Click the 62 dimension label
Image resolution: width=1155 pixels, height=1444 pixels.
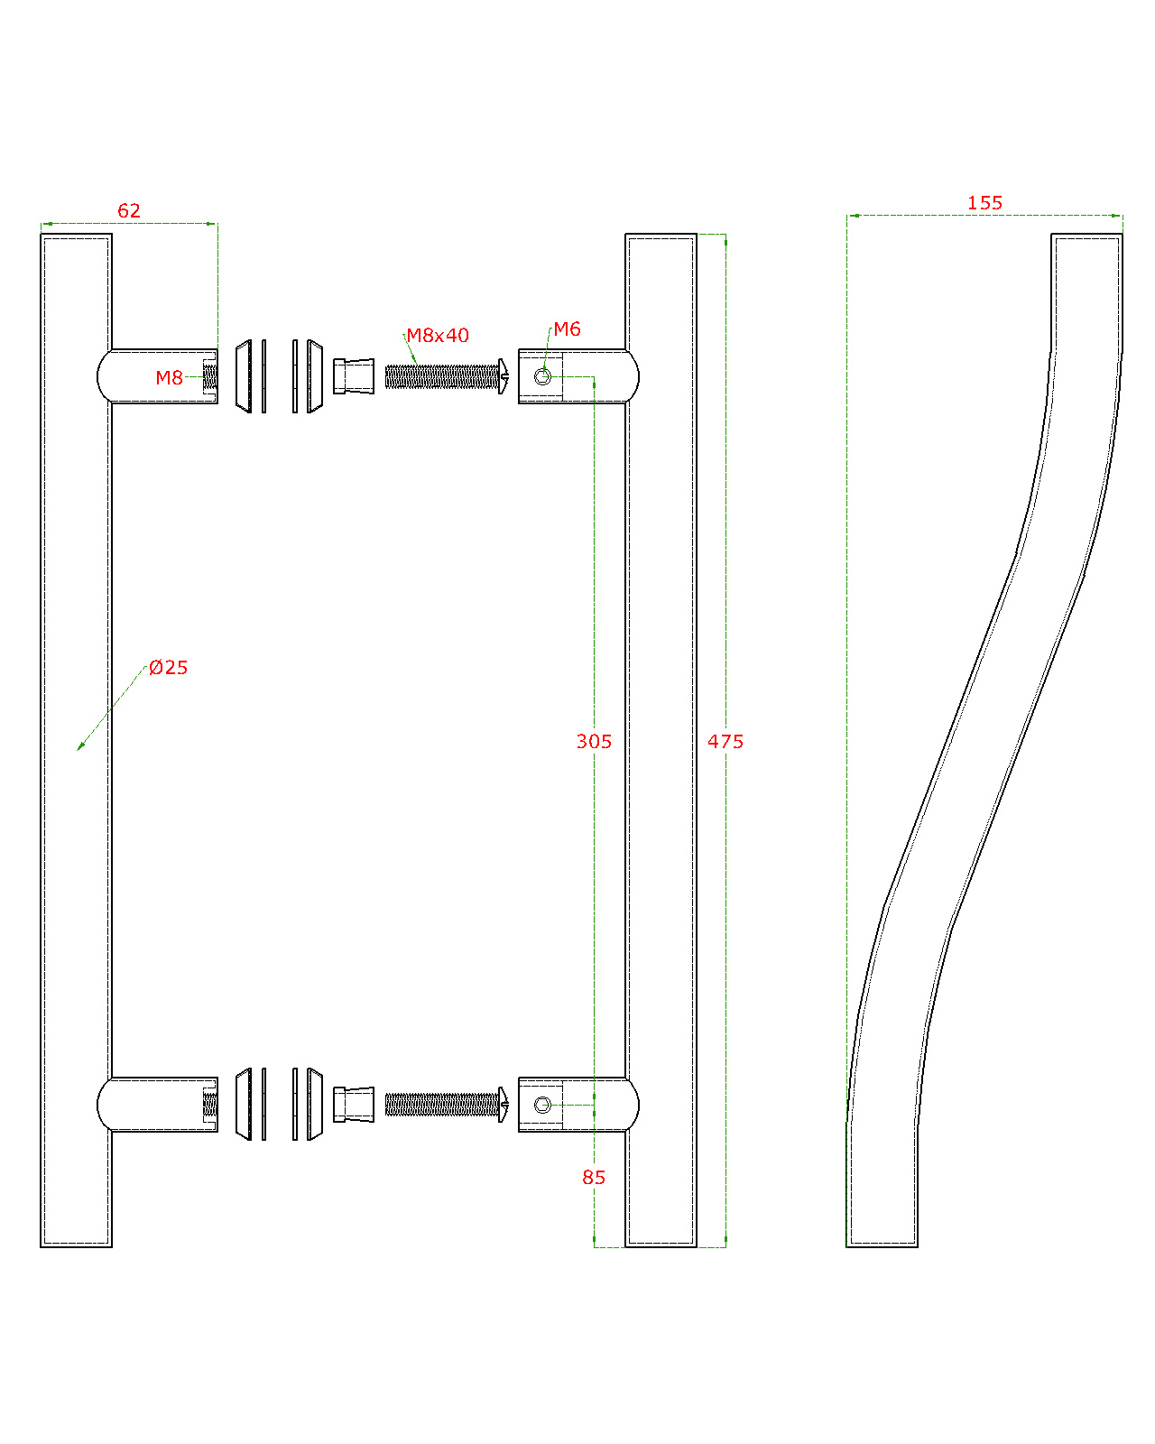[129, 210]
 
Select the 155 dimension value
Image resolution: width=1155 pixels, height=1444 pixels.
[984, 203]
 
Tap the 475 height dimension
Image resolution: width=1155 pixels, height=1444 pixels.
[725, 742]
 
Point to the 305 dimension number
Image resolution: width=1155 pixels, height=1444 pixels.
[594, 742]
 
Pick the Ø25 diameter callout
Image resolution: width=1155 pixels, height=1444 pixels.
[168, 667]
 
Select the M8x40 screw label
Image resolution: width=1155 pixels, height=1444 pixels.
[438, 335]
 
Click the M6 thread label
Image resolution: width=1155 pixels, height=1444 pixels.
[567, 329]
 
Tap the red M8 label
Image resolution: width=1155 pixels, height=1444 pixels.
[169, 378]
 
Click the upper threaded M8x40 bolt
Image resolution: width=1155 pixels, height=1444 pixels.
[447, 376]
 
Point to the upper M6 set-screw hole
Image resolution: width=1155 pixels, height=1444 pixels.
[543, 376]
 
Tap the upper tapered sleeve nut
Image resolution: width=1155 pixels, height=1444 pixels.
[354, 376]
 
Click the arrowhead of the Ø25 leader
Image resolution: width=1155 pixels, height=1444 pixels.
[79, 747]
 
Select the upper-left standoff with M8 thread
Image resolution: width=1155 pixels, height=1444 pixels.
[158, 376]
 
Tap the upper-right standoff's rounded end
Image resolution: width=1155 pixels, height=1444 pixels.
[633, 376]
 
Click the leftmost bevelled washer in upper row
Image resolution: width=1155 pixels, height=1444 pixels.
[244, 376]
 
